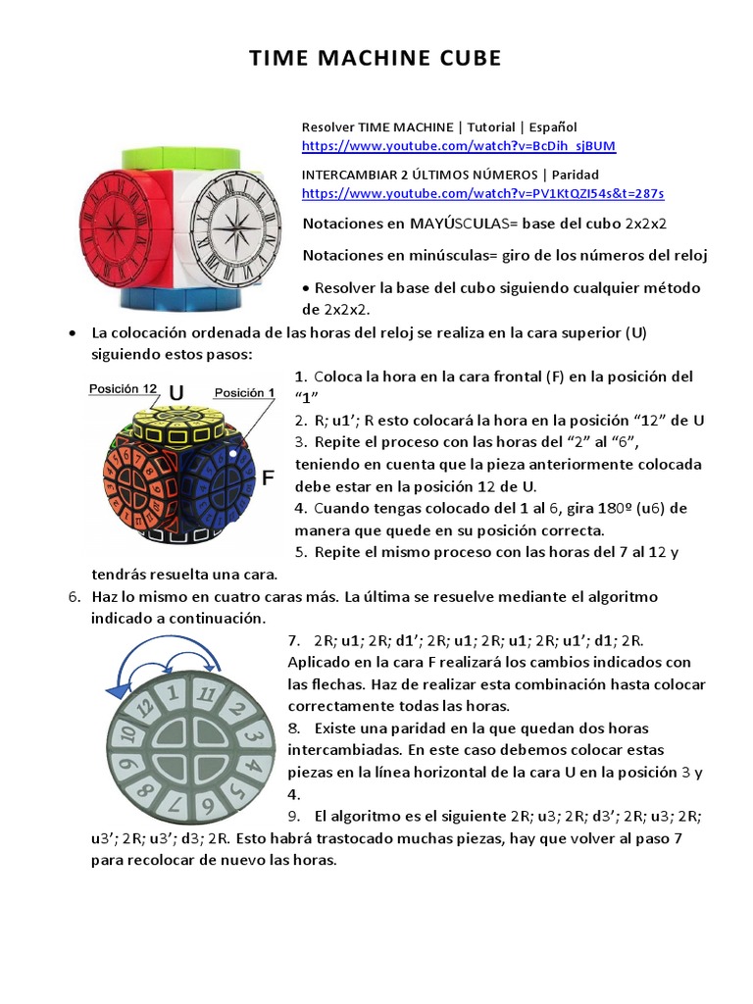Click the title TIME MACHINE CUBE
376,59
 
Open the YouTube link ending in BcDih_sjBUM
458,146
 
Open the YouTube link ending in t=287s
482,193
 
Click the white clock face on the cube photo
235,226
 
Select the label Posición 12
123,389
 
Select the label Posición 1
245,391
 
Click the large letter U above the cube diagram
176,393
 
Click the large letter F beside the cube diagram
267,479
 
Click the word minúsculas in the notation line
460,255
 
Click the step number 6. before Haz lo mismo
74,596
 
